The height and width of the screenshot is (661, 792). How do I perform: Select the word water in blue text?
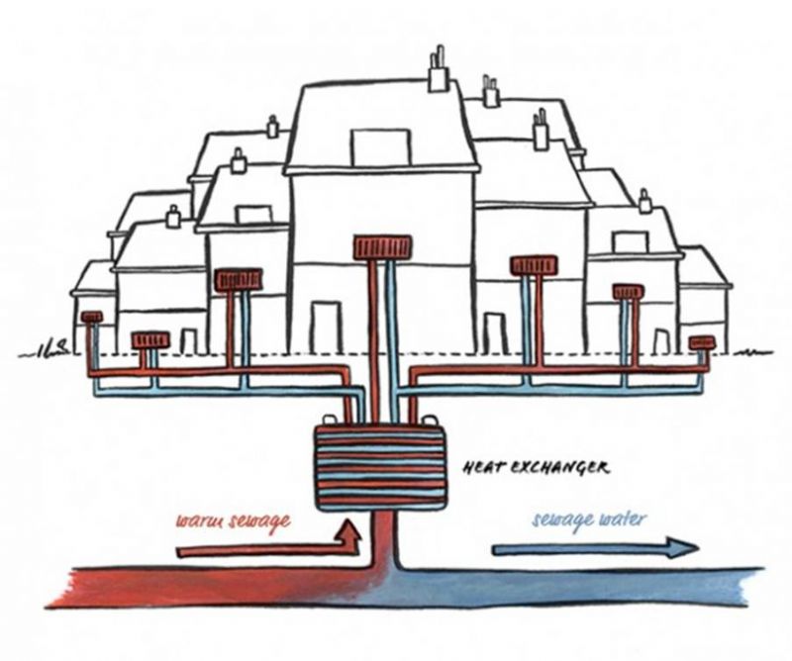click(618, 519)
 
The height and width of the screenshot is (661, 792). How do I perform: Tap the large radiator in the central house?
click(381, 247)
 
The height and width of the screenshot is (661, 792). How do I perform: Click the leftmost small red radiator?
click(92, 318)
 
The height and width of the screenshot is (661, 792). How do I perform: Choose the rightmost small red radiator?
click(702, 343)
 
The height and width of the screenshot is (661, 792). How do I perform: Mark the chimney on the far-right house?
click(645, 202)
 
